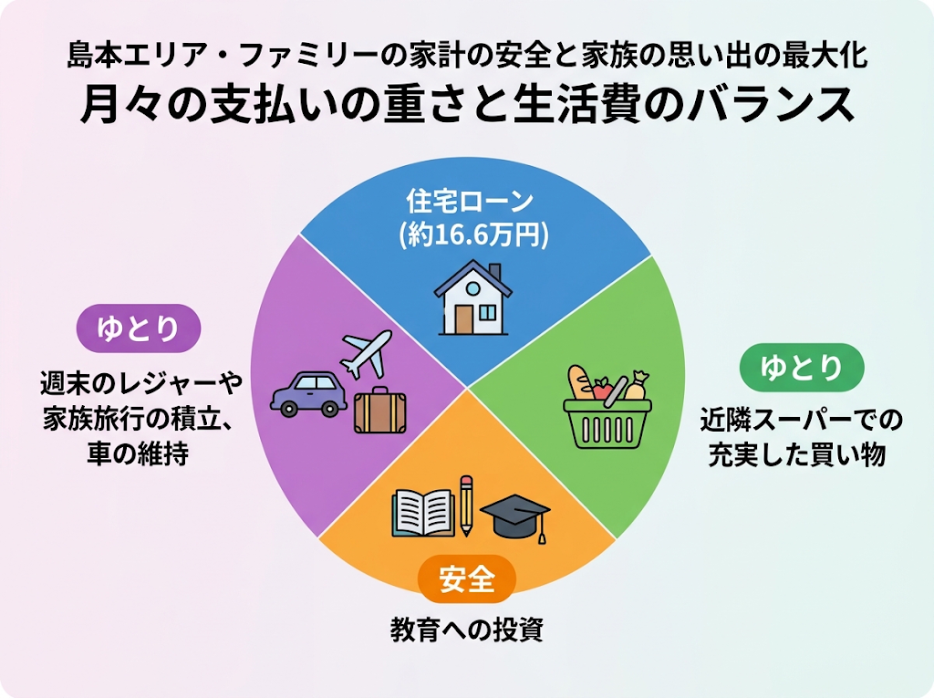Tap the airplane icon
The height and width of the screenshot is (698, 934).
point(365,354)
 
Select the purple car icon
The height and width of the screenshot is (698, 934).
point(308,394)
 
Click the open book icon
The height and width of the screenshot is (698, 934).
point(423,513)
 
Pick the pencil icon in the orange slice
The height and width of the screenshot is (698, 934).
point(466,505)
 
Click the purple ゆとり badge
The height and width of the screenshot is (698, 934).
point(139,328)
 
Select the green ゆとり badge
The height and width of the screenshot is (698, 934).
point(801,367)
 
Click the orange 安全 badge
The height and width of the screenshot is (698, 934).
point(466,578)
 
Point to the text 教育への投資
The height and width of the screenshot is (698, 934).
point(466,630)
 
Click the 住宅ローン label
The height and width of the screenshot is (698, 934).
point(470,201)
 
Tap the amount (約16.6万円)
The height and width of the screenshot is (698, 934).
point(473,234)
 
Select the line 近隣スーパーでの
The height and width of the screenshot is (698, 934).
point(801,421)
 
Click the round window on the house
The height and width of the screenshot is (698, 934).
point(473,288)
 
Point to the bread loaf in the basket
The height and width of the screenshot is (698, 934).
point(579,382)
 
